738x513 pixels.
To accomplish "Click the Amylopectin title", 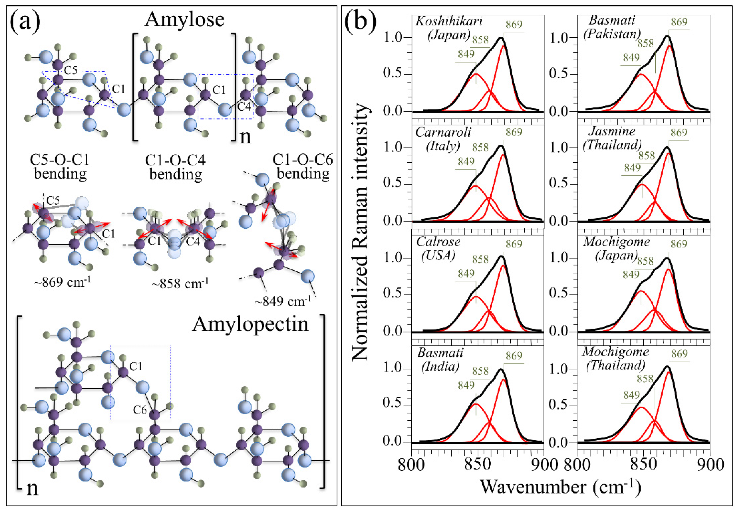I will tap(250, 324).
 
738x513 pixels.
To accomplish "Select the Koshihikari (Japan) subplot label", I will tap(449, 28).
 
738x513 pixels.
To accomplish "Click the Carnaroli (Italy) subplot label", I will tap(443, 139).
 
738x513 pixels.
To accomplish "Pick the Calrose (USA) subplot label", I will tap(438, 248).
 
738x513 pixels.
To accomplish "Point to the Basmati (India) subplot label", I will tap(440, 359).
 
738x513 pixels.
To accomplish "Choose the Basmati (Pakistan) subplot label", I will tap(612, 27).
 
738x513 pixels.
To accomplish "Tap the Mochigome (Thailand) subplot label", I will tap(615, 359).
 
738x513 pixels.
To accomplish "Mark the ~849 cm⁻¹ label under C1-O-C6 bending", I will tap(283, 301).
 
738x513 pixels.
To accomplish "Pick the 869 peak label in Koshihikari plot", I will tap(514, 24).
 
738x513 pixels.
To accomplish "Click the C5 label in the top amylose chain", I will tap(71, 70).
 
